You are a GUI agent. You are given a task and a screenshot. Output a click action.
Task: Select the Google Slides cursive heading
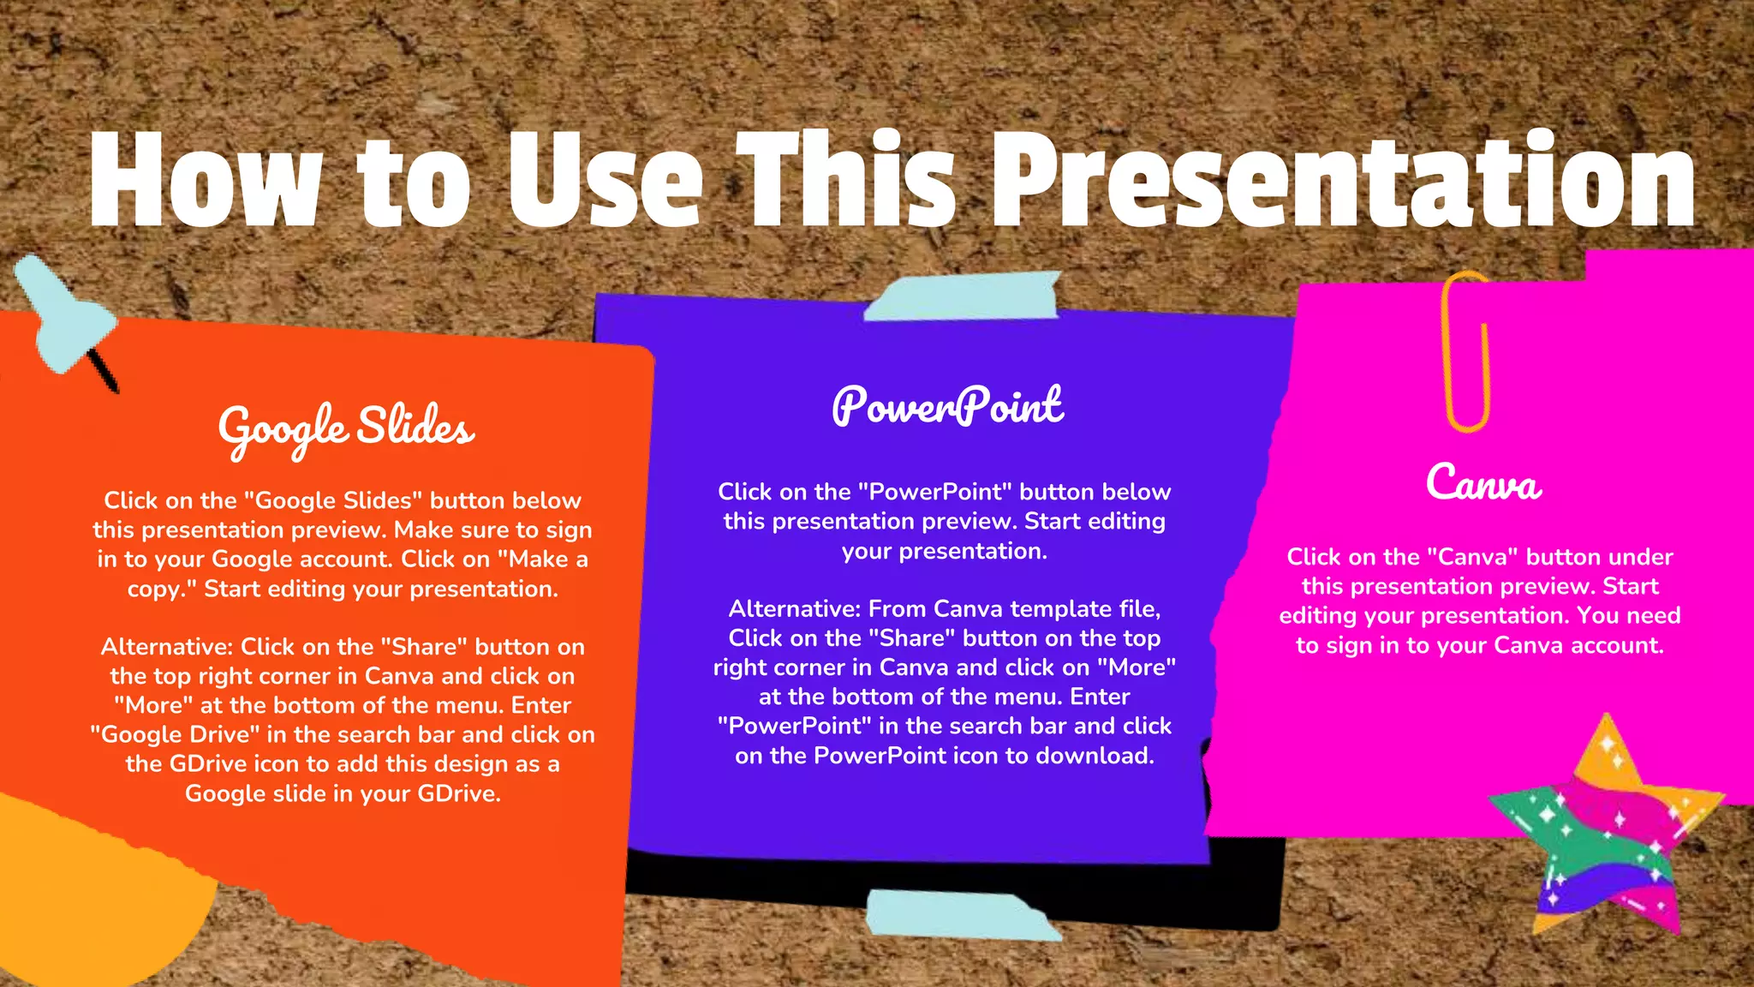coord(346,428)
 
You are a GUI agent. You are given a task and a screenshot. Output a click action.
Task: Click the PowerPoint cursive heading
coord(947,406)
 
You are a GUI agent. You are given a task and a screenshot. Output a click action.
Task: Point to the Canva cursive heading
coord(1483,483)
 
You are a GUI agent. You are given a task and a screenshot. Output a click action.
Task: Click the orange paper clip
coord(1466,351)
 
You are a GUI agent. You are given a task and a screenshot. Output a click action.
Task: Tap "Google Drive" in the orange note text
coord(175,735)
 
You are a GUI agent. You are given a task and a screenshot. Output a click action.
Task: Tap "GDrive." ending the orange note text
coord(459,794)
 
